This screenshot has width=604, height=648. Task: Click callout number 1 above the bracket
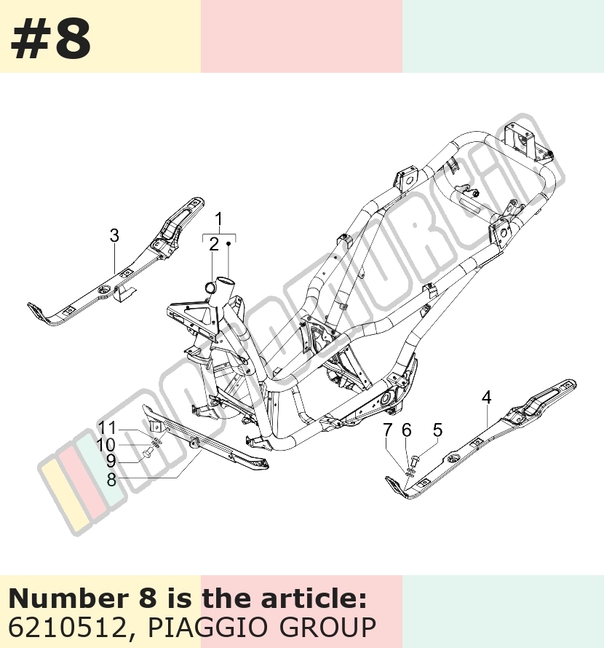pyautogui.click(x=219, y=219)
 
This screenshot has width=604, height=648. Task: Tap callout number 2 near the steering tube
pyautogui.click(x=214, y=244)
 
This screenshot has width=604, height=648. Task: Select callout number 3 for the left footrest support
pyautogui.click(x=114, y=236)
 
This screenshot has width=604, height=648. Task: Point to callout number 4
pyautogui.click(x=487, y=398)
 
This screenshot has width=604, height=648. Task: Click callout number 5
pyautogui.click(x=437, y=430)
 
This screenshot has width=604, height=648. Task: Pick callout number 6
pyautogui.click(x=407, y=430)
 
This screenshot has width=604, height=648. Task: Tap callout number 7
pyautogui.click(x=387, y=430)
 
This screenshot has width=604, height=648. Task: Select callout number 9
pyautogui.click(x=111, y=461)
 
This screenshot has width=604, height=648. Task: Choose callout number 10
pyautogui.click(x=106, y=445)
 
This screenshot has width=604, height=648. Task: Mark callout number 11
pyautogui.click(x=108, y=428)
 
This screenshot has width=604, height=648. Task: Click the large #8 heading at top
pyautogui.click(x=50, y=39)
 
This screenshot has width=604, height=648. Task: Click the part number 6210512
pyautogui.click(x=67, y=628)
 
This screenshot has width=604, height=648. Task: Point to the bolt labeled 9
pyautogui.click(x=148, y=454)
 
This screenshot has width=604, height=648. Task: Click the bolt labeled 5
pyautogui.click(x=415, y=459)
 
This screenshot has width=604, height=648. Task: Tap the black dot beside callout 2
pyautogui.click(x=228, y=244)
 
